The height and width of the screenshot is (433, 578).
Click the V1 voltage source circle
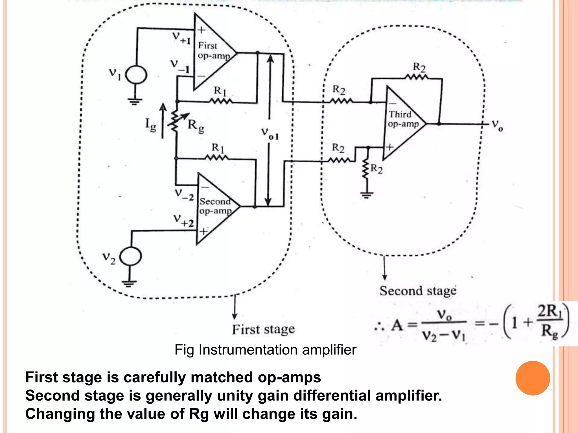[136, 75]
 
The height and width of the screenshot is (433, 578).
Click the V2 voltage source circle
[130, 256]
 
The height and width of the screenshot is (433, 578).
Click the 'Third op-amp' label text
[403, 119]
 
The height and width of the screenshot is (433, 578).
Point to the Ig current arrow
[163, 121]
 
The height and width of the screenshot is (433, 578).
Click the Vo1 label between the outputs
[270, 133]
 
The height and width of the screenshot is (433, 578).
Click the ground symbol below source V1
[135, 101]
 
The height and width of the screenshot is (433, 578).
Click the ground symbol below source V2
[129, 283]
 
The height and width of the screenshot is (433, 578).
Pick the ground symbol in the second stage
[366, 195]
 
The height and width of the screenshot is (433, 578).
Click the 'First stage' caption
[263, 329]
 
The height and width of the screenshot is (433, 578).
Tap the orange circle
[533, 378]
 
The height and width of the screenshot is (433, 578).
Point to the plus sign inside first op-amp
[201, 30]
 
